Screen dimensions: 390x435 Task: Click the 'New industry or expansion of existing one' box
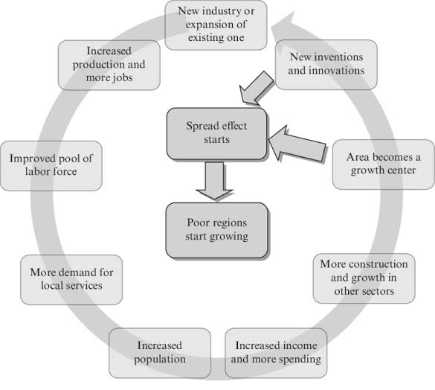[x=216, y=25]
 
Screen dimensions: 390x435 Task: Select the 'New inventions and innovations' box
[x=326, y=64]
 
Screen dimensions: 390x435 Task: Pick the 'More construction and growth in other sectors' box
[x=364, y=278]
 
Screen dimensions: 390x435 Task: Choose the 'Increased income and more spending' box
[x=276, y=352]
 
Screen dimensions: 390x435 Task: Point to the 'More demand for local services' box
[x=71, y=279]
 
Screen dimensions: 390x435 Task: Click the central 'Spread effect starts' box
[x=216, y=133]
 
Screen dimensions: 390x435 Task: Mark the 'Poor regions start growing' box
[x=216, y=229]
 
